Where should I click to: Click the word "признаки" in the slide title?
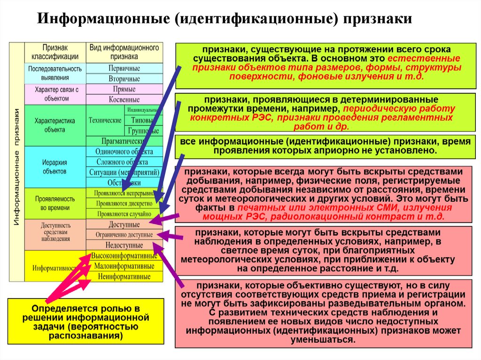coord(378,19)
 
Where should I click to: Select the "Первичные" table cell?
coord(124,69)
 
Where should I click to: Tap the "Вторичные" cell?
coord(124,79)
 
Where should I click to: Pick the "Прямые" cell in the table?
coord(124,89)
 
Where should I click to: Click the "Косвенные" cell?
coord(124,100)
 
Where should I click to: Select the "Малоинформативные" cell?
coord(124,266)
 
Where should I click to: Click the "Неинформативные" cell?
coord(124,276)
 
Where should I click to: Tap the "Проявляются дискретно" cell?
coord(124,204)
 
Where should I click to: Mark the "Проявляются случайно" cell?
coord(124,214)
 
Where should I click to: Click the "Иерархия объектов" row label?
coord(54,167)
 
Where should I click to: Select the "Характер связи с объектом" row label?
coord(54,94)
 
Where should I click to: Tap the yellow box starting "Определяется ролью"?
coord(85,322)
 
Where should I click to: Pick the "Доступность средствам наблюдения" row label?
coord(54,232)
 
